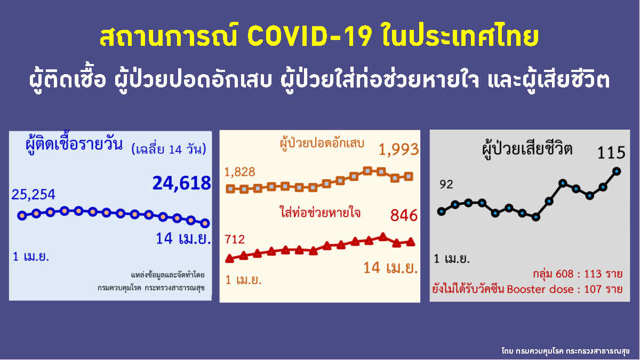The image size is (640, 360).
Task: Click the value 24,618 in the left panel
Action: coord(181,183)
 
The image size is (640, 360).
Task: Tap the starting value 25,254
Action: coord(33,195)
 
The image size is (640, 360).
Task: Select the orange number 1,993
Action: coord(399,150)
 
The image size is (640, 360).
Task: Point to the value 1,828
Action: coord(239,172)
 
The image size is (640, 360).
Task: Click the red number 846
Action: coord(404,215)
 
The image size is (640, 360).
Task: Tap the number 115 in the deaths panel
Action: coord(611,153)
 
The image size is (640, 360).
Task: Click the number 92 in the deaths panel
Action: coord(446,185)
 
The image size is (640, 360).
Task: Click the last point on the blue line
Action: coord(205,223)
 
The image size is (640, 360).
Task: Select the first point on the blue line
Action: coord(22,215)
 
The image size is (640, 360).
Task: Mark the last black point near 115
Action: coord(617,171)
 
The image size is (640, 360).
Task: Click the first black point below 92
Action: coord(441,212)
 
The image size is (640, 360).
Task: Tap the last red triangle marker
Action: coord(410,242)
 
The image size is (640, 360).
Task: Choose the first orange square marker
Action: coord(230,189)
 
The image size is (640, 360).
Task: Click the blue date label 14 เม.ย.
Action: coord(183,238)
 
